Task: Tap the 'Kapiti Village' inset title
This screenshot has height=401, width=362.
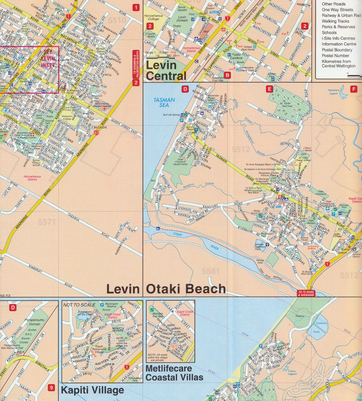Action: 92,390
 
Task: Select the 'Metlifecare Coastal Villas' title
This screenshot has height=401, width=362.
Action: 174,373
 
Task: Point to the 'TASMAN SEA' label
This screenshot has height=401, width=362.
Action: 165,102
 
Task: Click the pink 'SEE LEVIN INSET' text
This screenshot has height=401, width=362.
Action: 49,58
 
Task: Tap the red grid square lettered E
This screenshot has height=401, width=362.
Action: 269,89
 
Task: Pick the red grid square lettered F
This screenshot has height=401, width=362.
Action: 354,89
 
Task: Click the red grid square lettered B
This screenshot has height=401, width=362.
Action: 227,75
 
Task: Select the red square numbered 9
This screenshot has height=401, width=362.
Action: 51,388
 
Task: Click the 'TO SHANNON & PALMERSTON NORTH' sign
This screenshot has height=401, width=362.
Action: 136,65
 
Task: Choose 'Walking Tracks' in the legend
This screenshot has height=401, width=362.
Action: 335,21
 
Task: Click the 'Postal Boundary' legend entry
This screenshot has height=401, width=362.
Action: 337,50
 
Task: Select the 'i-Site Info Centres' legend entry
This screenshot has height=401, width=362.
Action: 338,38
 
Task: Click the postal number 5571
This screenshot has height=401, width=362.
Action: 47,222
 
